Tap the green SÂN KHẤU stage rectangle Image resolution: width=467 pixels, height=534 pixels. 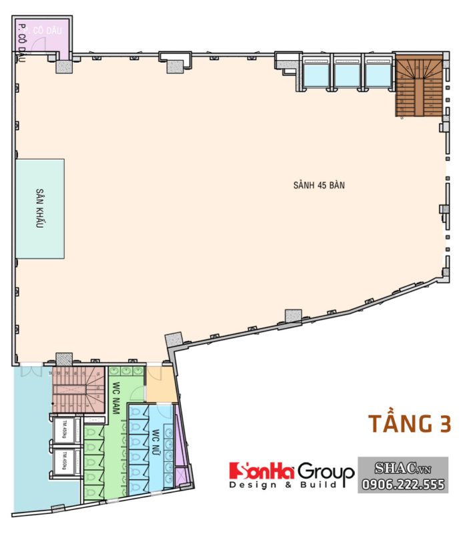tap(41, 208)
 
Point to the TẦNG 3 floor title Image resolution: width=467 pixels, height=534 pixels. tap(410, 423)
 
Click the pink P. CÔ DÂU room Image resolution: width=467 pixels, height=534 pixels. tap(44, 37)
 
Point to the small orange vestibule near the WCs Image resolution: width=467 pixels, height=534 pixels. tap(159, 386)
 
